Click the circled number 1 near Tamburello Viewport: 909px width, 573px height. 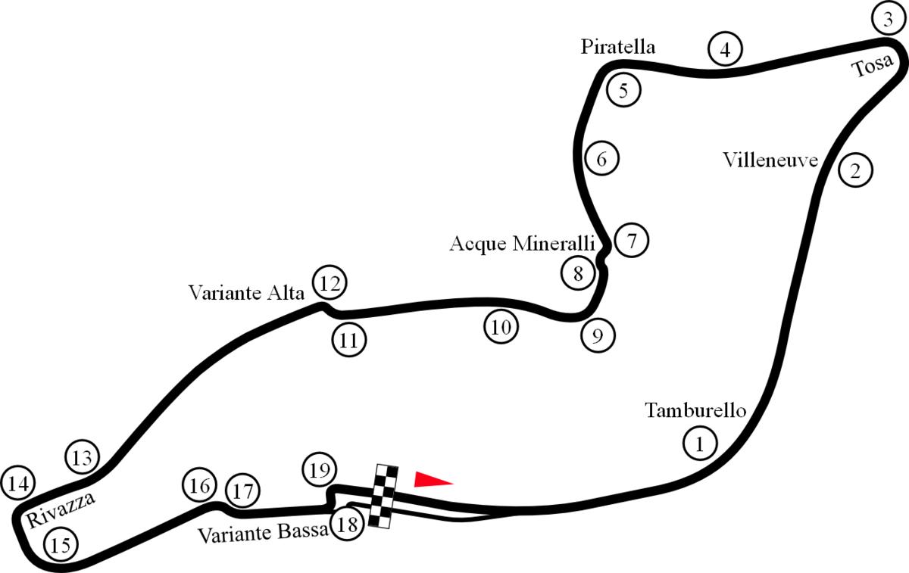pos(700,443)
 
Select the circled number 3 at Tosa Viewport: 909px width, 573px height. pos(888,20)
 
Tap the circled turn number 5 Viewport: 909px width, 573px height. pos(623,91)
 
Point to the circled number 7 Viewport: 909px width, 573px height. pos(632,241)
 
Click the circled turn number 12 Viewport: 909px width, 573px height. pos(330,283)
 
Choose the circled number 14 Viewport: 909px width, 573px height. pos(18,483)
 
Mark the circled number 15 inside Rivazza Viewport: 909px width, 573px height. pos(61,543)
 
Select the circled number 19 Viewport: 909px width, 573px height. pos(319,471)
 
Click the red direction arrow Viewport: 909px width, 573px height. pos(433,478)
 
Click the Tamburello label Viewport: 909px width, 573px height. pos(695,410)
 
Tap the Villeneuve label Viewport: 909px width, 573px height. pos(770,160)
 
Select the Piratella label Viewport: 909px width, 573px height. pos(617,47)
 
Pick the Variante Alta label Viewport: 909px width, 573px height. pos(246,292)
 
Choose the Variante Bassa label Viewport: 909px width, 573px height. pos(263,533)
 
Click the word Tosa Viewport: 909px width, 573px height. pos(870,66)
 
